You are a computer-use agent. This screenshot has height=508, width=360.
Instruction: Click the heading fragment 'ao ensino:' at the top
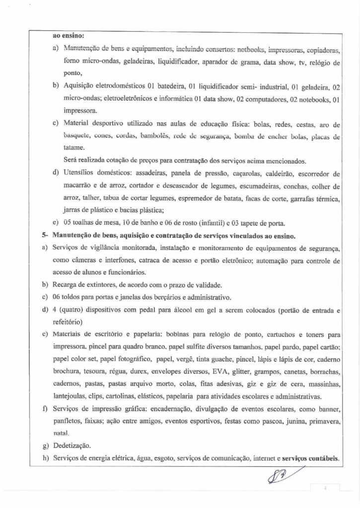(68, 36)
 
